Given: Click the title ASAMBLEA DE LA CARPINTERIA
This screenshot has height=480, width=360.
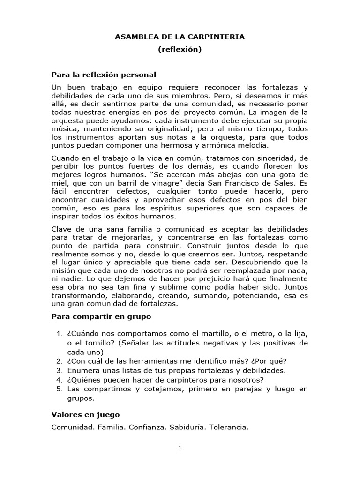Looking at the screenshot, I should (x=180, y=37).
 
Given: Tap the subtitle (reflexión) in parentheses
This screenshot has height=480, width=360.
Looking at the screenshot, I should (x=180, y=49).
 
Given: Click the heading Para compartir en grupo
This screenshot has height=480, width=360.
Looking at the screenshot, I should (x=101, y=316).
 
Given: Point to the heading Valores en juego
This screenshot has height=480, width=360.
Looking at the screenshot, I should (x=85, y=414).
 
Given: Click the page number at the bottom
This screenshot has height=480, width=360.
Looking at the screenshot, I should (x=180, y=448).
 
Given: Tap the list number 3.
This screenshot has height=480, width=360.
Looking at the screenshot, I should (x=59, y=370).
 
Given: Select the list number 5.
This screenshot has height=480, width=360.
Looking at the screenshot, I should (x=59, y=389).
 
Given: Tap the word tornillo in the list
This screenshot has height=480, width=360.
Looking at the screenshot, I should (x=98, y=343).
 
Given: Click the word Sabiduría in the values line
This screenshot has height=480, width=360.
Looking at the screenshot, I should (x=187, y=427).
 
